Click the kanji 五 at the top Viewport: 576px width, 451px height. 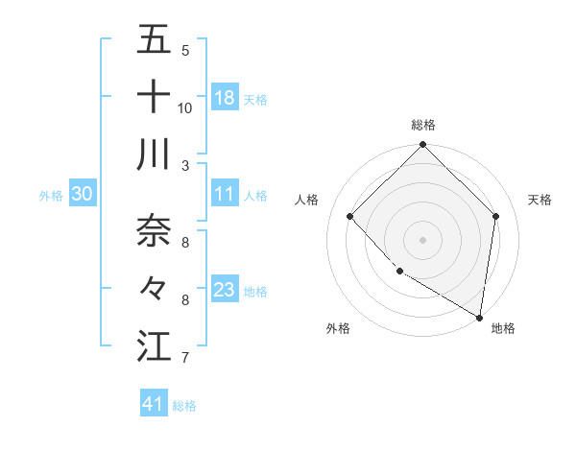pos(154,40)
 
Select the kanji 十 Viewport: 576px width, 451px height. pos(154,97)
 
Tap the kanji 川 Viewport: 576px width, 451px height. pos(154,154)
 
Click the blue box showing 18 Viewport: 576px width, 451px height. pos(225,98)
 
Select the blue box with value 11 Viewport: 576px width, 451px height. pos(225,194)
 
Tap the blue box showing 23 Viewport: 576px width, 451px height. pos(225,290)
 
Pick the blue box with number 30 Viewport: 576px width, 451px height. pos(83,194)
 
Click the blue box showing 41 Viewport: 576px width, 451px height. pos(154,404)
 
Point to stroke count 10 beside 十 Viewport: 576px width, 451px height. pos(185,107)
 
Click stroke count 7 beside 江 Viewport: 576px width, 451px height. pos(184,358)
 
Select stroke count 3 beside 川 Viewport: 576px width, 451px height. pos(184,166)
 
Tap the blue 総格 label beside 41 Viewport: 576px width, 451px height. pos(184,405)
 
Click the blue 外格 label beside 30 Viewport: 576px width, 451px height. pos(51,195)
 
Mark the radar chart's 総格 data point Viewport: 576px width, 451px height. pos(422,146)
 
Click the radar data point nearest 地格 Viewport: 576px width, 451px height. pos(479,317)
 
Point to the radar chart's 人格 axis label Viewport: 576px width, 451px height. pos(307,200)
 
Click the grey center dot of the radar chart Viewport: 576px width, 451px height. pos(422,239)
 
